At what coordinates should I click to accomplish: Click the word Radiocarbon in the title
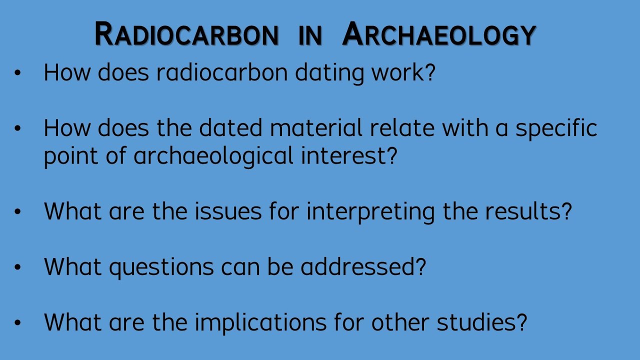point(186,35)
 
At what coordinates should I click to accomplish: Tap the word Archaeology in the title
point(439,35)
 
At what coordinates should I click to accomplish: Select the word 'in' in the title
point(310,35)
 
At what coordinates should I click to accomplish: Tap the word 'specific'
point(556,128)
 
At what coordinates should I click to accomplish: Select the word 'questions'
point(161,267)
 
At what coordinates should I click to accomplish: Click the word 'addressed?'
point(363,267)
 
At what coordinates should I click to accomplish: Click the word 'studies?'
point(482,322)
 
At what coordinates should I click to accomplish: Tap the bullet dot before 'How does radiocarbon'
point(18,73)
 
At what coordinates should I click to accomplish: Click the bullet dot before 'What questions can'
point(18,267)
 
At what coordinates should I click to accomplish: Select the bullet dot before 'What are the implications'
point(18,322)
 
